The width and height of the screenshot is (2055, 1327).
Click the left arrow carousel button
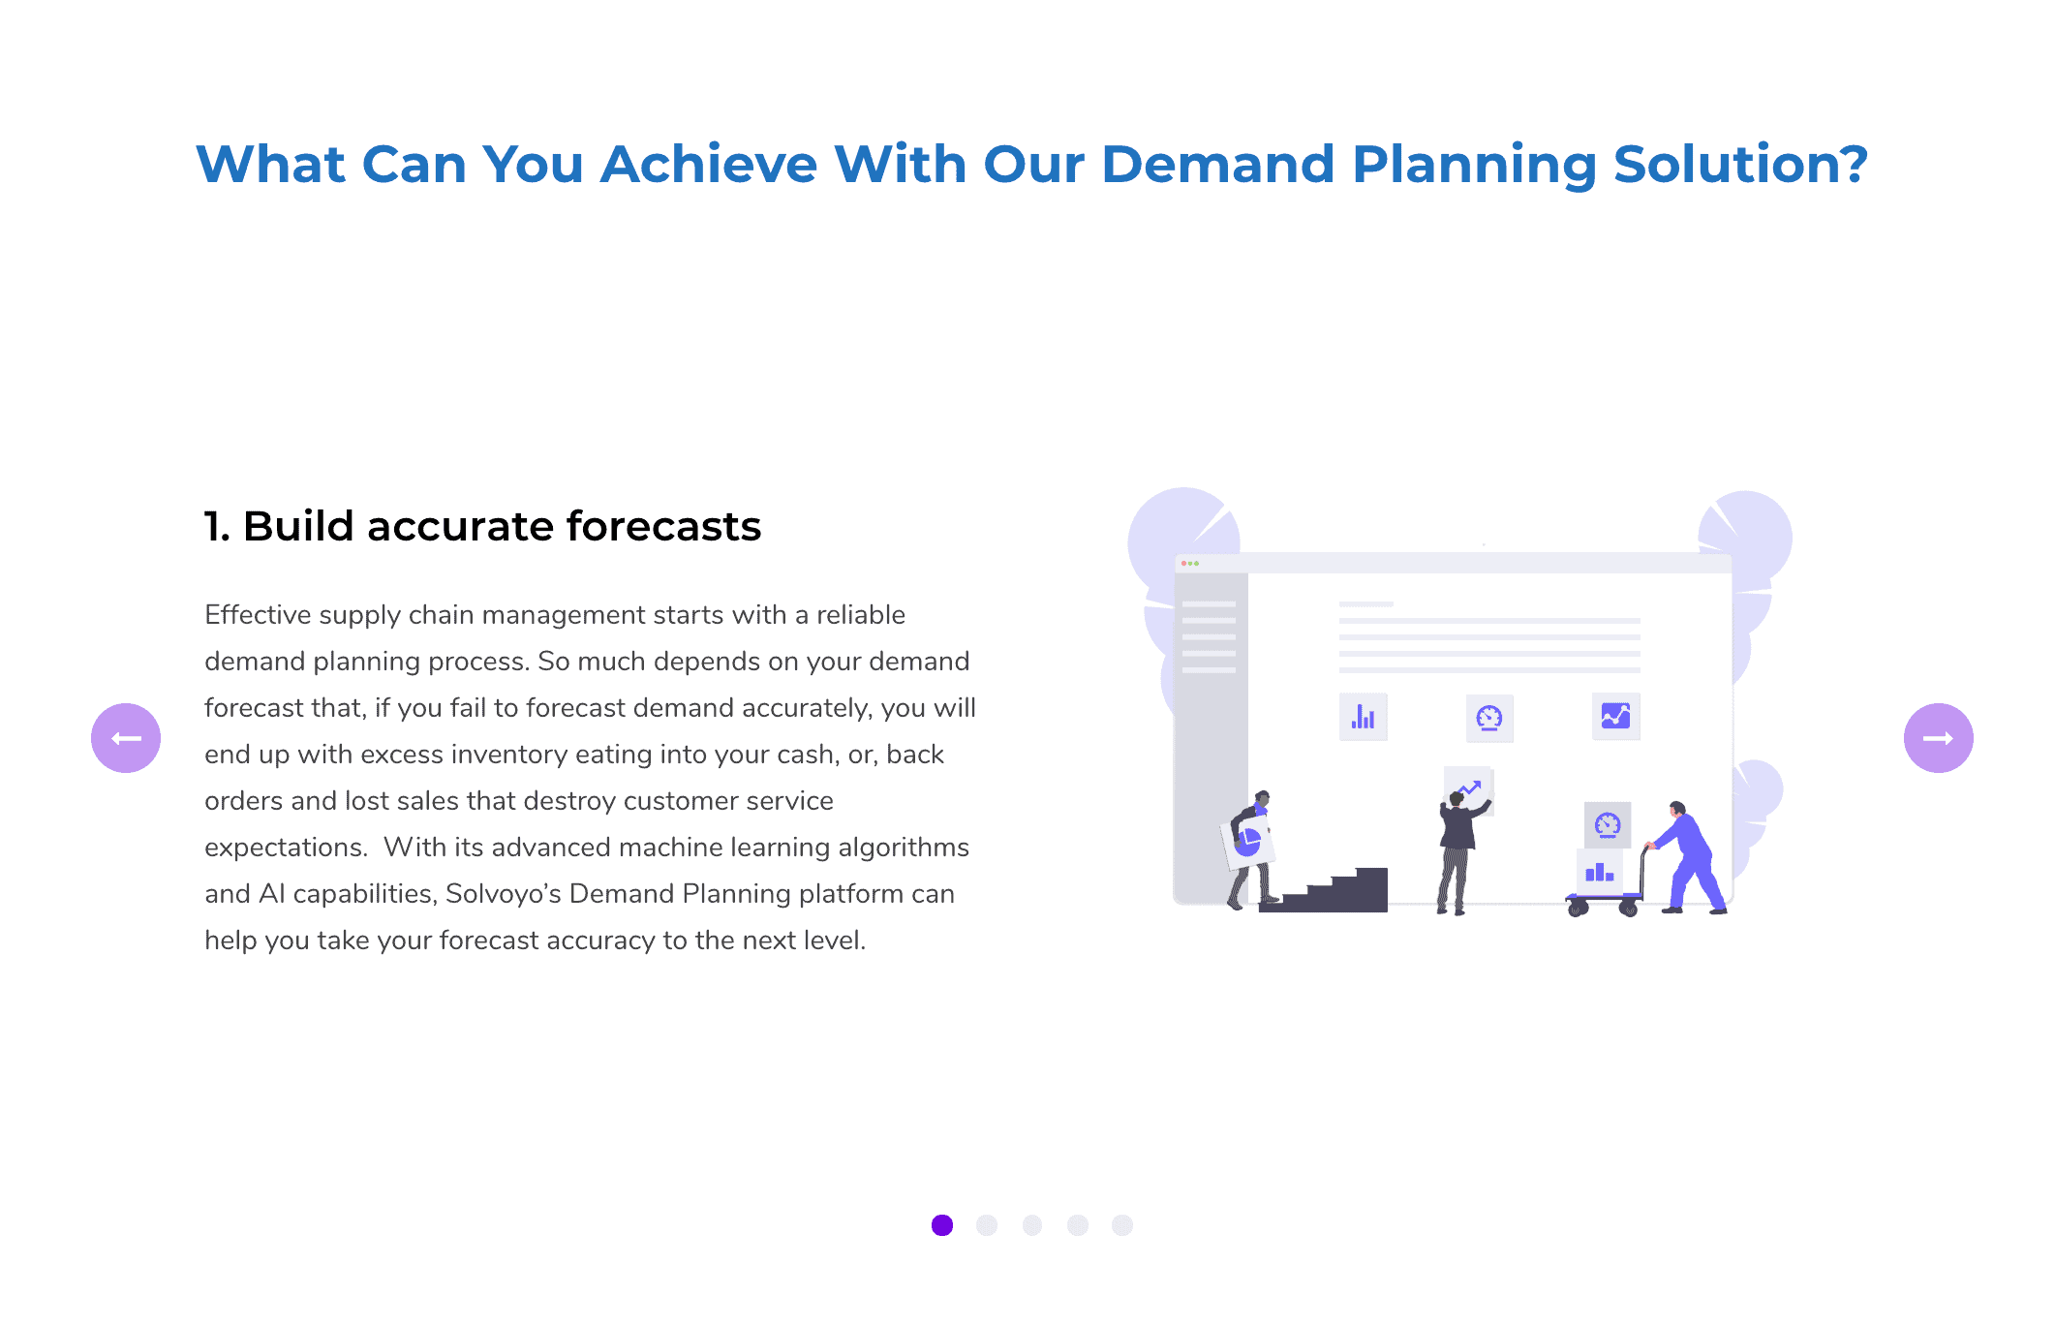pos(126,738)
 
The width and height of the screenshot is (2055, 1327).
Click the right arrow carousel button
pos(1938,738)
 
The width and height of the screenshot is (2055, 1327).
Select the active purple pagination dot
pos(942,1225)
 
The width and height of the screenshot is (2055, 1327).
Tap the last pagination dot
pos(1122,1225)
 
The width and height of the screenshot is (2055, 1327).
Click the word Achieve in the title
pos(709,164)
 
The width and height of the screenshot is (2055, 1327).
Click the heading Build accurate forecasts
pos(482,526)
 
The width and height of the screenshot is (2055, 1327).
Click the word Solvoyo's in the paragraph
pos(504,893)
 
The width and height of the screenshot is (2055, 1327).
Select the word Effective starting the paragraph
pos(258,614)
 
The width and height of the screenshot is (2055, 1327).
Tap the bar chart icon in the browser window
pos(1364,717)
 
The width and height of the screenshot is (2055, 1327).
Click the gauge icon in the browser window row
pos(1489,718)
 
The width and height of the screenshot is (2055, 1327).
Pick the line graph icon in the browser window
pos(1615,716)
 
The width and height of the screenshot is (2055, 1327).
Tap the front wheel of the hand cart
pos(1578,909)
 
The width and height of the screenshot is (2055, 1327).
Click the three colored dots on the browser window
pos(1190,563)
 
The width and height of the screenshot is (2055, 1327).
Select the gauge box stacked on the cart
pos(1608,825)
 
